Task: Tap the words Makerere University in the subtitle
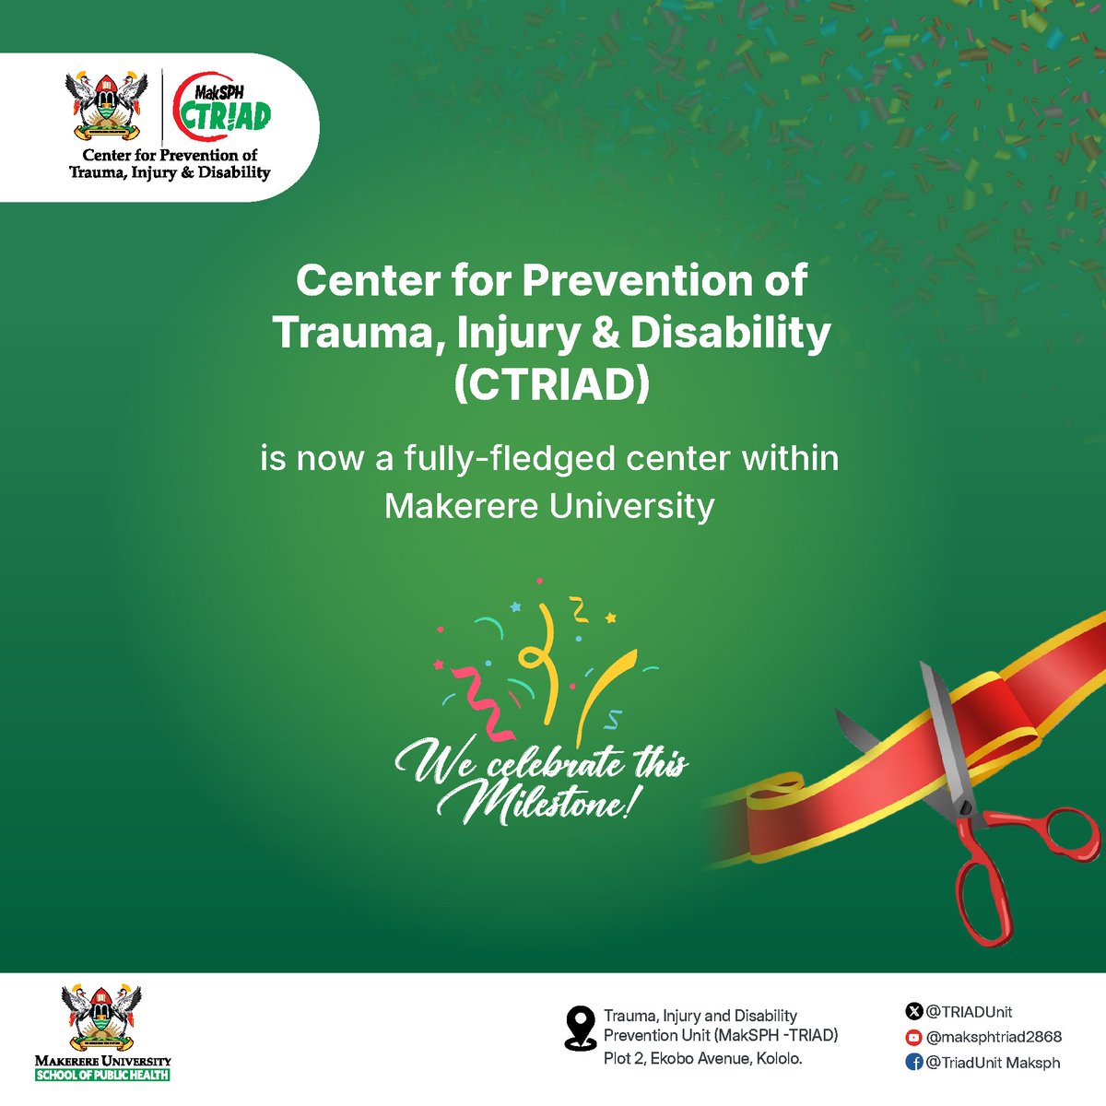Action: [549, 506]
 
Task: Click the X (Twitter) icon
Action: [914, 1012]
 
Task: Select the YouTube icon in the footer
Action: [914, 1037]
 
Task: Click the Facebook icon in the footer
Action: [914, 1062]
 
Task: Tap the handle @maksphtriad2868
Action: [994, 1037]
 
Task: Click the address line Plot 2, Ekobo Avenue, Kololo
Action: [702, 1058]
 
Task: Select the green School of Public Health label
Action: [101, 1075]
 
